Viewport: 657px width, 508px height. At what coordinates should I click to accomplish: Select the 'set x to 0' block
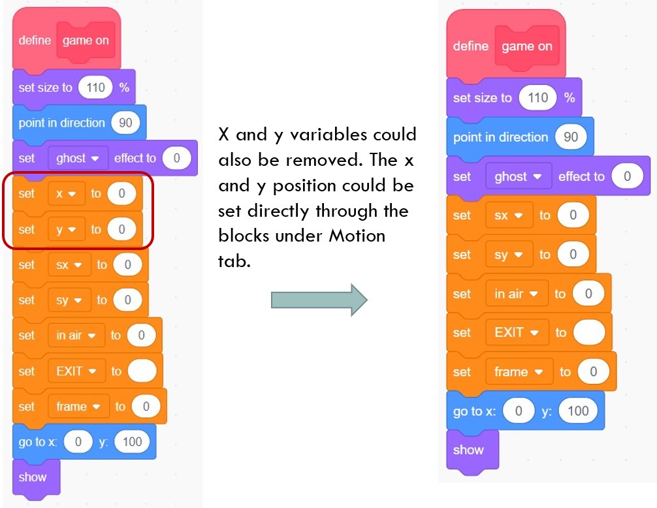tap(26, 194)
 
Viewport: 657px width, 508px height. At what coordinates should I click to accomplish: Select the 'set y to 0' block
tap(26, 229)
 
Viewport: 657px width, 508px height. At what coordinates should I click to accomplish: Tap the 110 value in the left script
tap(95, 87)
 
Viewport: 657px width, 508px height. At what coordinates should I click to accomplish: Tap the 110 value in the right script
tap(537, 98)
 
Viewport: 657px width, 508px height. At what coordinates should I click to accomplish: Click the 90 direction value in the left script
tap(129, 123)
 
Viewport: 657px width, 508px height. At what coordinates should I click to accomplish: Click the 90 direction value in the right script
tap(570, 137)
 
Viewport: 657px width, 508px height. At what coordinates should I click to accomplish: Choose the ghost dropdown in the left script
tap(78, 158)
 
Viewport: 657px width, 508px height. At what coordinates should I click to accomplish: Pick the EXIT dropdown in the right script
tap(517, 332)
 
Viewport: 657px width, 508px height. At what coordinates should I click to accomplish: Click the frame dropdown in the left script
tap(78, 406)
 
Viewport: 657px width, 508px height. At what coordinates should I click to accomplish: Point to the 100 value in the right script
tap(578, 411)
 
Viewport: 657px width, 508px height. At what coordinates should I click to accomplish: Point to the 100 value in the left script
tap(132, 442)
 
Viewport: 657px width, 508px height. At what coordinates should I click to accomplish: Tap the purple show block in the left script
tap(33, 477)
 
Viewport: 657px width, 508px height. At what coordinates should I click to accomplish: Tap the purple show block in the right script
tap(468, 450)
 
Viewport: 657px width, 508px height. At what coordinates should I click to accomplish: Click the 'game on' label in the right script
tap(526, 46)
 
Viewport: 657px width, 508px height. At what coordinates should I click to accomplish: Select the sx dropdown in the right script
tap(508, 215)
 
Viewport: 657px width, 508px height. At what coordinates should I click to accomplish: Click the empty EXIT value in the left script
tap(142, 371)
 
